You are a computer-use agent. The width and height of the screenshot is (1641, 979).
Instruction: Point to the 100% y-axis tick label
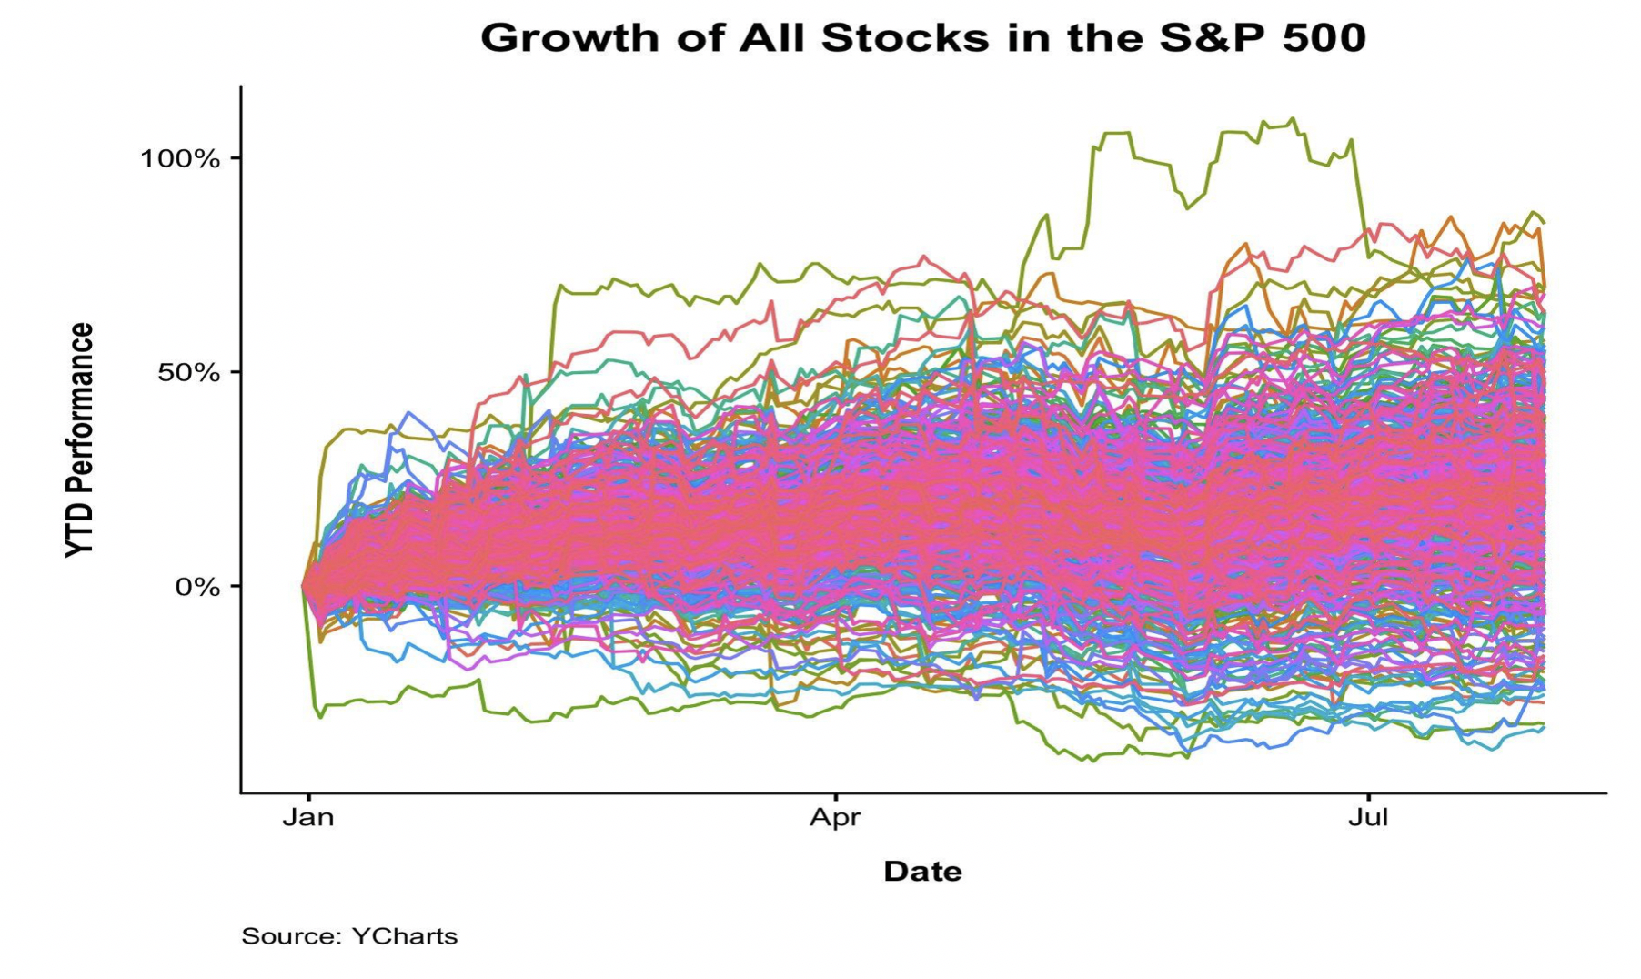[x=180, y=159]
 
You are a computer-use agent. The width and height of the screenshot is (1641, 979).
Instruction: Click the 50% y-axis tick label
[x=189, y=373]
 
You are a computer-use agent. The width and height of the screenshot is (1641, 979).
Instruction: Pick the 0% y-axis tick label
[x=198, y=587]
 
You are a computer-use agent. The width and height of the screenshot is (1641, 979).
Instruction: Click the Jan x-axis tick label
[x=308, y=817]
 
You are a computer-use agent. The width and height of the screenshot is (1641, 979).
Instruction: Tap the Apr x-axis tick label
[x=835, y=817]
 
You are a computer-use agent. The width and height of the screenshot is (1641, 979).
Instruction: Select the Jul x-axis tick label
[x=1368, y=817]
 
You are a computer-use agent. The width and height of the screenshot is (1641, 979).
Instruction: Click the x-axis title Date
[x=922, y=872]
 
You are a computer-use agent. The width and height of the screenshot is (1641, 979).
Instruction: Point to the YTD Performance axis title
[x=80, y=440]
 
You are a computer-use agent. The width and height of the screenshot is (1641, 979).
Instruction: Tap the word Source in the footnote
[x=290, y=936]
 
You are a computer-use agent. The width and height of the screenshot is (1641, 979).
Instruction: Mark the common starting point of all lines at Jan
[x=305, y=586]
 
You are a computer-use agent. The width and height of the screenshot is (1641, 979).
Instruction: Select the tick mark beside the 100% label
[x=235, y=158]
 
